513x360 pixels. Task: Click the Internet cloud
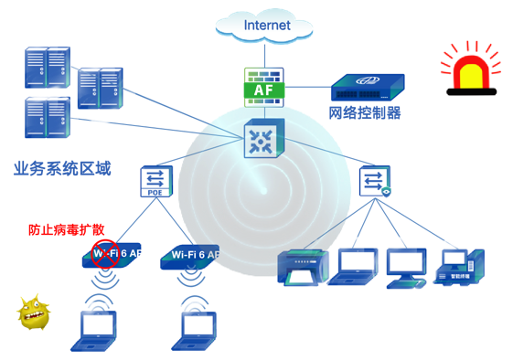(x=266, y=25)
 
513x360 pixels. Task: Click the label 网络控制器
(x=365, y=114)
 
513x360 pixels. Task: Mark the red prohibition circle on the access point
(x=106, y=257)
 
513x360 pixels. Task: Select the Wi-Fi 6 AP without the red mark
(x=193, y=257)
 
